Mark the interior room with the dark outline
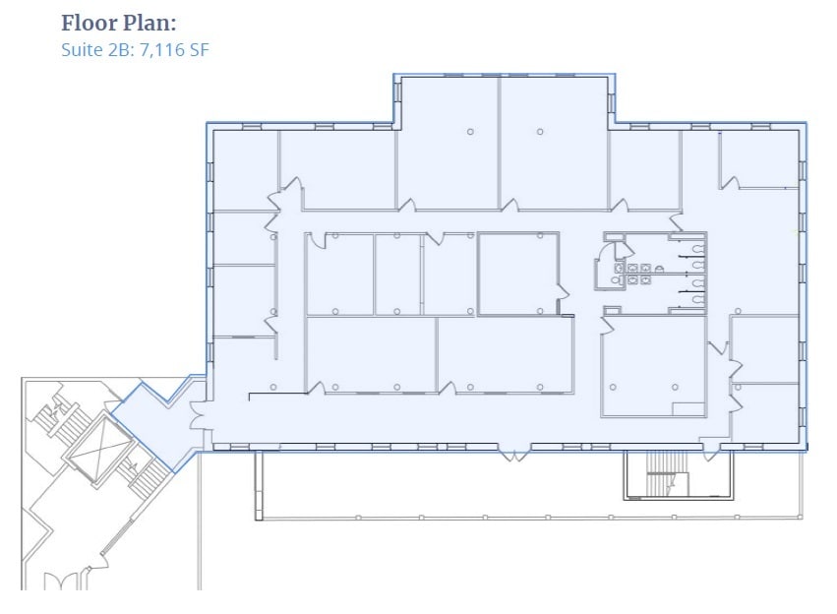[518, 274]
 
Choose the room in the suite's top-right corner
[759, 157]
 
